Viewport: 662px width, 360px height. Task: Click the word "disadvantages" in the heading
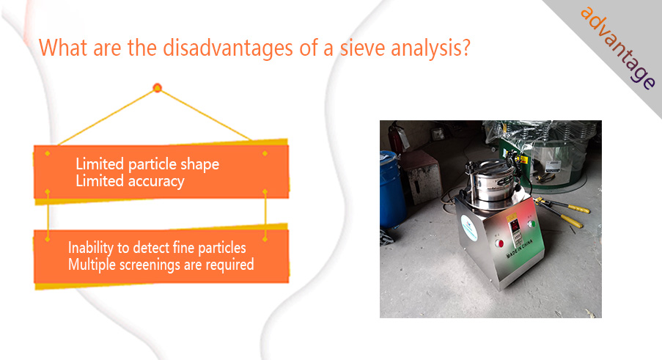228,48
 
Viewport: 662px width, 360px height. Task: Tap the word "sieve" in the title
362,47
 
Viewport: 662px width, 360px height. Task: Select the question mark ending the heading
466,47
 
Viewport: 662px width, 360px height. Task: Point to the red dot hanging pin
157,88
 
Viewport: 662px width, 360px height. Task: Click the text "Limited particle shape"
147,164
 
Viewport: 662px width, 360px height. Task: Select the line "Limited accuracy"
130,181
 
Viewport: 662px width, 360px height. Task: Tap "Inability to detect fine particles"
157,248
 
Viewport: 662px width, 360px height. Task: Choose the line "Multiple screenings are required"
161,265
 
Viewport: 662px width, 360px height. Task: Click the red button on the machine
499,243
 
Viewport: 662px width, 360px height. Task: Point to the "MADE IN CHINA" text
519,249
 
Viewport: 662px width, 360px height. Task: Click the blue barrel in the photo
391,190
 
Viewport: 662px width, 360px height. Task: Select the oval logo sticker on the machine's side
470,228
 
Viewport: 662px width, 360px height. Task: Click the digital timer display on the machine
514,226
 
